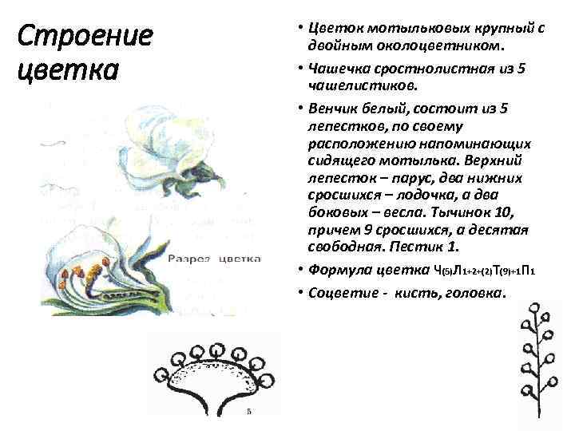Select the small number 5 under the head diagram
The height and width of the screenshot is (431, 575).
tap(250, 412)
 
